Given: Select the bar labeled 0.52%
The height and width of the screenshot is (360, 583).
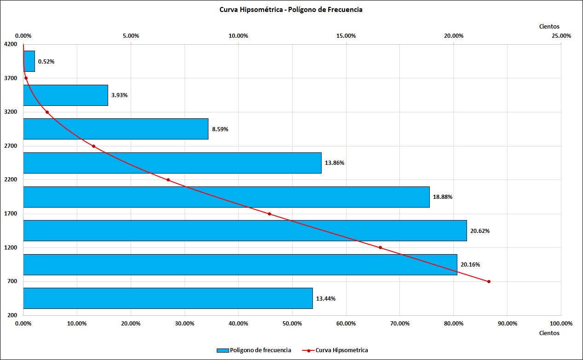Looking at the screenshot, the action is click(29, 61).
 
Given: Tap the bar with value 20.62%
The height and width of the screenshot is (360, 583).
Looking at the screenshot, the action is click(245, 231).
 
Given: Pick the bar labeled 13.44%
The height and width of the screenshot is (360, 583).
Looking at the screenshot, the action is click(168, 298).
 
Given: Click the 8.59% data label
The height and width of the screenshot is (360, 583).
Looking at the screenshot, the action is click(220, 129).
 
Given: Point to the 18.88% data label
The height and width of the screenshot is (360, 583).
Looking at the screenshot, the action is click(443, 197).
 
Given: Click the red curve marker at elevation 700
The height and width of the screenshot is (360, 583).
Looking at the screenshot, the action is click(489, 281).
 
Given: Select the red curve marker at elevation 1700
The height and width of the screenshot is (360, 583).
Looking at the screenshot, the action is click(269, 214).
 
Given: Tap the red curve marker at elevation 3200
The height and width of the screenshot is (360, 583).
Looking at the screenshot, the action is click(47, 112).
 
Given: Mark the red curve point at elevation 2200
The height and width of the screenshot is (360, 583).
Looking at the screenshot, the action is click(168, 180).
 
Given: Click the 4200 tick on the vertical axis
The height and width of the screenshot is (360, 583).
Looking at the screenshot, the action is click(11, 44).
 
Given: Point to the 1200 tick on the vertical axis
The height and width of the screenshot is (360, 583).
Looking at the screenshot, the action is click(11, 247).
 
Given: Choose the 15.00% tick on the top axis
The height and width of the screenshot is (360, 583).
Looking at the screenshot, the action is click(346, 36).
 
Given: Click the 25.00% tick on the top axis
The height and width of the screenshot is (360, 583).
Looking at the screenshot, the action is click(561, 36).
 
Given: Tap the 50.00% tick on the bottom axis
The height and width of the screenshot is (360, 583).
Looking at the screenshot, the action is click(292, 324).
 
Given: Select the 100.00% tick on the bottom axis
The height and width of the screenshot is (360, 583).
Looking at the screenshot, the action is click(561, 324).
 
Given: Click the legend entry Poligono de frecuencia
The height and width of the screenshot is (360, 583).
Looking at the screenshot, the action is click(254, 350).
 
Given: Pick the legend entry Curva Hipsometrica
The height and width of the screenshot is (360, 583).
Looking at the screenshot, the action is click(335, 350).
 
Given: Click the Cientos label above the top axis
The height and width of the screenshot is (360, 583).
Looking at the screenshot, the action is click(549, 26).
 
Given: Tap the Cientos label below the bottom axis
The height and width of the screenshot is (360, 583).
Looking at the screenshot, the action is click(549, 333).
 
